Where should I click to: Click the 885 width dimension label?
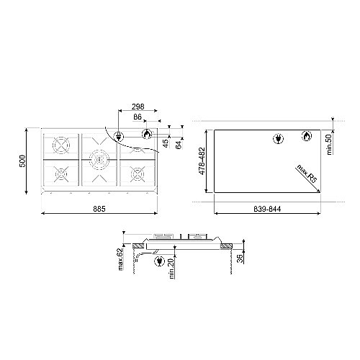pos(100,209)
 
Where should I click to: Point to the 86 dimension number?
pos(138,116)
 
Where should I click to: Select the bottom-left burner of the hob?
pos(60,175)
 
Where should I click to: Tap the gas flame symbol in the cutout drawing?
pos(304,137)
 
